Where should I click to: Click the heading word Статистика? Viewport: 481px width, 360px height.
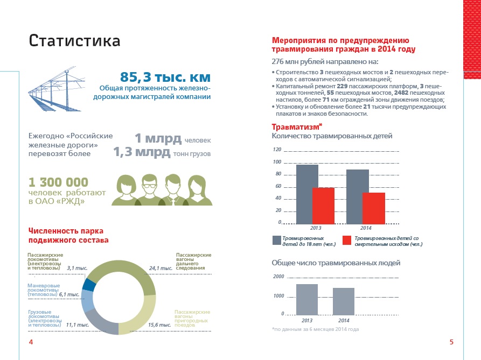click(x=74, y=41)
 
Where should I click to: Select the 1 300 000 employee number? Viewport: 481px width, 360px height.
click(x=58, y=182)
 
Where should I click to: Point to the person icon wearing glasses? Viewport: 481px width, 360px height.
click(x=149, y=188)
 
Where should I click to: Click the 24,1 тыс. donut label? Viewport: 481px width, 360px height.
click(x=159, y=267)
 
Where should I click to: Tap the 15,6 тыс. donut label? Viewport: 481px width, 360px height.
click(x=159, y=324)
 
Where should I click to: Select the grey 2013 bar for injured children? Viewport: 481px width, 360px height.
click(x=307, y=194)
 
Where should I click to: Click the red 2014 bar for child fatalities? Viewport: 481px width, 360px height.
click(x=373, y=208)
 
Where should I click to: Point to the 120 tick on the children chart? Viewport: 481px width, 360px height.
click(x=277, y=150)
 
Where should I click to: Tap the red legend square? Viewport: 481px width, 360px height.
click(x=347, y=241)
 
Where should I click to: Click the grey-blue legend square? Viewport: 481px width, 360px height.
click(x=276, y=241)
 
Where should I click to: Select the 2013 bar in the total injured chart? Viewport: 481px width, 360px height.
click(x=307, y=299)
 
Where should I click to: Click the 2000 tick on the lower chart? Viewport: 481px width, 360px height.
click(x=278, y=277)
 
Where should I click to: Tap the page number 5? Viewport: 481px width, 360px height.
click(x=451, y=342)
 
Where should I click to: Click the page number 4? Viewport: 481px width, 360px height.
click(x=31, y=342)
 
